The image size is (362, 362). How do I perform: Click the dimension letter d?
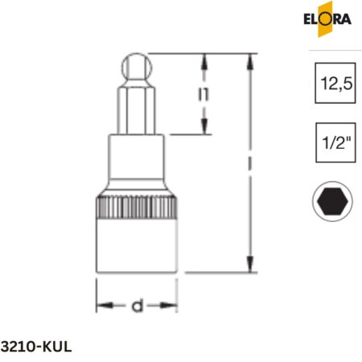tap(137, 306)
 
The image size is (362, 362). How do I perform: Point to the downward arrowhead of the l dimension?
tap(253, 267)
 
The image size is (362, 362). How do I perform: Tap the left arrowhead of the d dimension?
tap(102, 306)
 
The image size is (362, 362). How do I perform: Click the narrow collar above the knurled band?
tap(137, 165)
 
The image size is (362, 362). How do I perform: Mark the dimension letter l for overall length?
tap(253, 163)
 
